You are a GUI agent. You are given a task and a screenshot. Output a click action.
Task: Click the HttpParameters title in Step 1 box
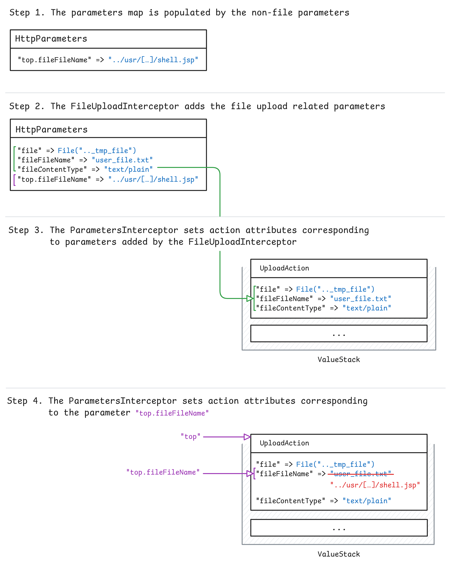51,39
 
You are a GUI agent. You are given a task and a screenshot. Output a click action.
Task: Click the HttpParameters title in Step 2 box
52,129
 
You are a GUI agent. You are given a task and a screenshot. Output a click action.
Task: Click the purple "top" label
190,437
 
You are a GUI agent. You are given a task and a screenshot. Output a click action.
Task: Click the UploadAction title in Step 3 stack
284,268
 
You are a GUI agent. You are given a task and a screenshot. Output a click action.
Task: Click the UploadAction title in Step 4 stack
284,443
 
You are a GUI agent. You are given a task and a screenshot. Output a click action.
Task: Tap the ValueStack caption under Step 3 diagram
339,359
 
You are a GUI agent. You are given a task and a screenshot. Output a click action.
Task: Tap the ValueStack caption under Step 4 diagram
339,554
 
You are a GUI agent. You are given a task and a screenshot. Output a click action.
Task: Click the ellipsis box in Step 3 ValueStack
339,333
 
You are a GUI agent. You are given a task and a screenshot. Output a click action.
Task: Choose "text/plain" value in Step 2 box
128,169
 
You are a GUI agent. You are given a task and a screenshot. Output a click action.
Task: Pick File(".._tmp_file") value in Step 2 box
97,151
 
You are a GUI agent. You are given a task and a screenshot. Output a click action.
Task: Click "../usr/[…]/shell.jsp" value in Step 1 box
153,60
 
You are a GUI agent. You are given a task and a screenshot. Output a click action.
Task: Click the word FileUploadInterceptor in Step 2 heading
125,106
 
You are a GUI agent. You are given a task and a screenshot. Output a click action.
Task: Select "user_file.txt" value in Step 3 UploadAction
360,299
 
